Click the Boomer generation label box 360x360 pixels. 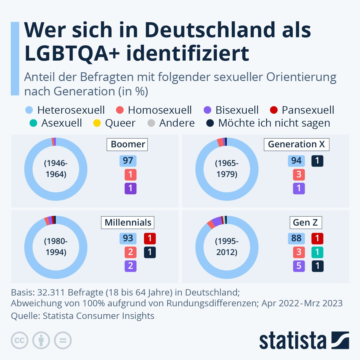pos(127,144)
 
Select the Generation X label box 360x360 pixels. pos(296,144)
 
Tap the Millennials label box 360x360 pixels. pos(128,223)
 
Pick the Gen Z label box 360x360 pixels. pos(305,223)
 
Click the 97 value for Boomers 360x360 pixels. pos(128,161)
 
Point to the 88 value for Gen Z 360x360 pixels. pos(296,238)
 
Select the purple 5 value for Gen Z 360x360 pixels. pos(299,266)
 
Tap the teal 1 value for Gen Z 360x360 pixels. pos(317,252)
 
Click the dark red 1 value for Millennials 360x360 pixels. pos(150,238)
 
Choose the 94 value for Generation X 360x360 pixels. pos(296,161)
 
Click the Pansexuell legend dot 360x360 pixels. pos(274,110)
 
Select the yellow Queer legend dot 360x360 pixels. pos(97,123)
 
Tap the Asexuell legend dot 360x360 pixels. pos(34,123)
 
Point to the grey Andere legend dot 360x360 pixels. pos(151,123)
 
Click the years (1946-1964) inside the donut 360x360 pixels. pos(56,169)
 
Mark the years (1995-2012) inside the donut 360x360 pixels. pos(227,247)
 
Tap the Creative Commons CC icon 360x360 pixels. pos(19,340)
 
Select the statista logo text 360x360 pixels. pos(292,341)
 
